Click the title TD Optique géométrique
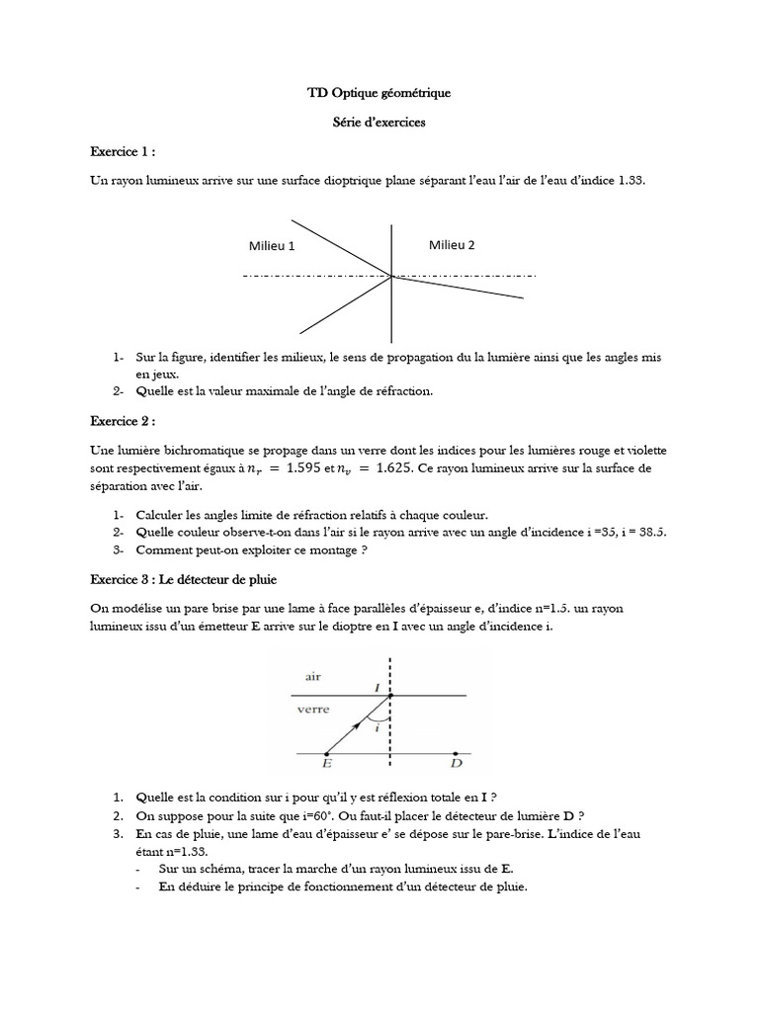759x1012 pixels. pos(379,93)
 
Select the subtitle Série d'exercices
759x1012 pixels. pos(379,123)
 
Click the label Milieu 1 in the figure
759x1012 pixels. pos(272,246)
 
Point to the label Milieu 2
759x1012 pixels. pos(452,244)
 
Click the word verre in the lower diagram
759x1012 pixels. pos(314,710)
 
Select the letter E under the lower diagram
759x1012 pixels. pos(327,764)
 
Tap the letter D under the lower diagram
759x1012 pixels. pos(455,764)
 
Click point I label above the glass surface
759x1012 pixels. pos(376,684)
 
